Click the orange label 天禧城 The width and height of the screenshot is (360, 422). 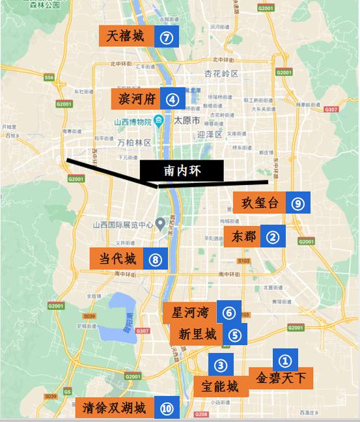coord(126,36)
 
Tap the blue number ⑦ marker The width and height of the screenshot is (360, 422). coord(167,37)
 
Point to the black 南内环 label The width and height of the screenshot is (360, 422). coord(182,171)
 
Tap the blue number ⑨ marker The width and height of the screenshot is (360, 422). coord(298,203)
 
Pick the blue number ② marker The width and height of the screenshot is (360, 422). coord(273,237)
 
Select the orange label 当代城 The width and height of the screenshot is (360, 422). coord(117,258)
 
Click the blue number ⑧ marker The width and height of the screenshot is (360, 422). coord(154,259)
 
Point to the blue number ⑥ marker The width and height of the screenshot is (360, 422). coord(228,312)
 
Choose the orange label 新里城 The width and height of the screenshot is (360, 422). coord(196,335)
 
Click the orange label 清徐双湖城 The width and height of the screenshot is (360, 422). coord(115,408)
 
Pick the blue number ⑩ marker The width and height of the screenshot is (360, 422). coord(167,408)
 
